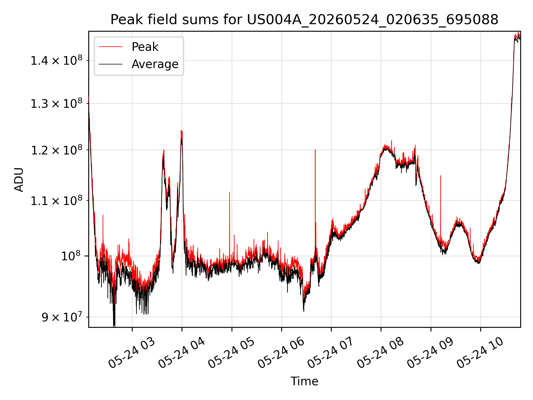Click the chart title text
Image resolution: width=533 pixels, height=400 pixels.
pyautogui.click(x=305, y=20)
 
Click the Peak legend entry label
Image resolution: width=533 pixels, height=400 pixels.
pyautogui.click(x=145, y=47)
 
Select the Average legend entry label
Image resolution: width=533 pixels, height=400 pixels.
pyautogui.click(x=155, y=64)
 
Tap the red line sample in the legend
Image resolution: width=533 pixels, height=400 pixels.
pyautogui.click(x=110, y=47)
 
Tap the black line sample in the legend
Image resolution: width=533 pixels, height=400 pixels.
pyautogui.click(x=110, y=64)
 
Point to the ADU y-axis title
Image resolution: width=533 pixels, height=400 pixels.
pyautogui.click(x=19, y=179)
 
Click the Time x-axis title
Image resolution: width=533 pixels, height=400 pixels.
pyautogui.click(x=304, y=381)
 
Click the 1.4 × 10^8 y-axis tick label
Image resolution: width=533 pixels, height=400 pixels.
pyautogui.click(x=57, y=60)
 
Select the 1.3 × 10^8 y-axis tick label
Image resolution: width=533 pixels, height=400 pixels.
pyautogui.click(x=57, y=104)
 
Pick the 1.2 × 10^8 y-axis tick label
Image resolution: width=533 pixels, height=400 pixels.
pyautogui.click(x=57, y=150)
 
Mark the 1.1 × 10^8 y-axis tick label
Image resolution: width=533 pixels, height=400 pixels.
pyautogui.click(x=57, y=201)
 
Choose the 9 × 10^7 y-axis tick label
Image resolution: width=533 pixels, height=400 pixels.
pyautogui.click(x=62, y=317)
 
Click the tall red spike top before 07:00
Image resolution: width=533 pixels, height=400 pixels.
pyautogui.click(x=315, y=150)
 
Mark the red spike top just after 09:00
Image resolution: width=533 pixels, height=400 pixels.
pyautogui.click(x=441, y=176)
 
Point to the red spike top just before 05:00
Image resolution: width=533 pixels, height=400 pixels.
pyautogui.click(x=230, y=192)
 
